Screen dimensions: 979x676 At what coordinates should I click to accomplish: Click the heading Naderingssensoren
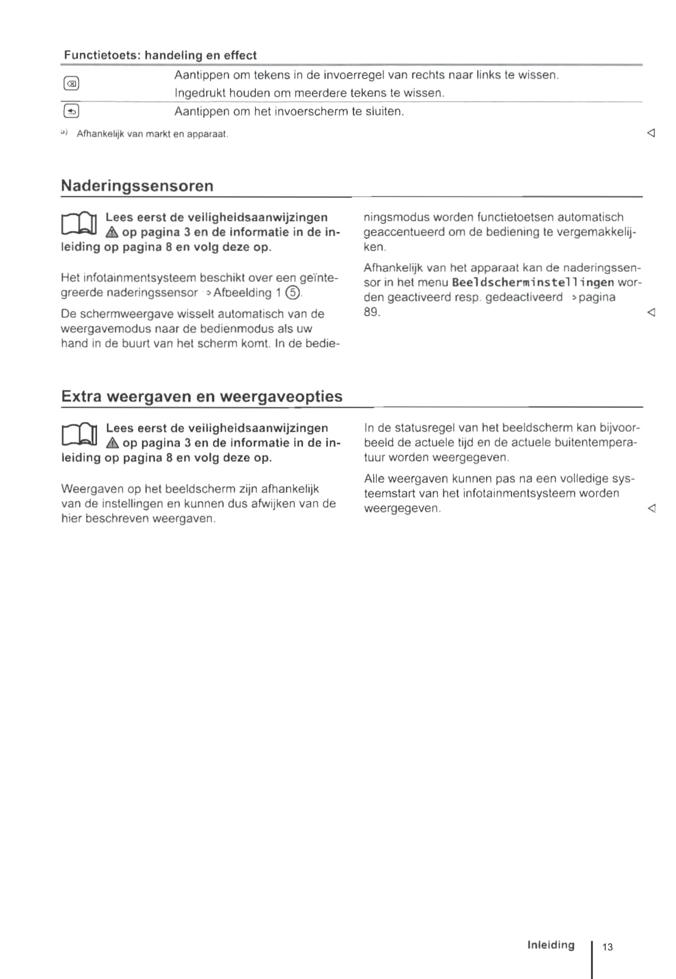tap(137, 186)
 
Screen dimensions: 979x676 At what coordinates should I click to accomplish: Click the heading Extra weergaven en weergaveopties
tap(201, 396)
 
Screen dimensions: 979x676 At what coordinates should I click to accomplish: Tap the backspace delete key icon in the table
tap(71, 84)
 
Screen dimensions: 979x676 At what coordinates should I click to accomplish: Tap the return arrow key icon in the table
tap(71, 111)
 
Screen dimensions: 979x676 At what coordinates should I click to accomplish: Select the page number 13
tap(607, 947)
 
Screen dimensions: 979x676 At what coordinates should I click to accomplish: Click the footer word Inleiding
tap(551, 945)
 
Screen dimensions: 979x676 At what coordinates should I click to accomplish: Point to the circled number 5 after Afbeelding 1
tap(292, 293)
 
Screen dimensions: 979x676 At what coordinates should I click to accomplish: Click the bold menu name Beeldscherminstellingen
tap(533, 282)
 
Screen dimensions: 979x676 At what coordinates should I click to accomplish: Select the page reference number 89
tap(371, 312)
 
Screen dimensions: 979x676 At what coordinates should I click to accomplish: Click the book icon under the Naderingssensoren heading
tap(79, 224)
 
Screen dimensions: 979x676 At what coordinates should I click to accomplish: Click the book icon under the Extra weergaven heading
tap(79, 434)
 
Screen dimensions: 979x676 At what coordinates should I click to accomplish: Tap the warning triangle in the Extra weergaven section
tap(112, 443)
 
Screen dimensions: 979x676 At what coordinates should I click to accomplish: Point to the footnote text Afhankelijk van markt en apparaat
tap(152, 134)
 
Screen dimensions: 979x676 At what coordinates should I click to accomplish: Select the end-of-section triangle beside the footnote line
tap(651, 133)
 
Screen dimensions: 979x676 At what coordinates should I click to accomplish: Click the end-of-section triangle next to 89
tap(651, 312)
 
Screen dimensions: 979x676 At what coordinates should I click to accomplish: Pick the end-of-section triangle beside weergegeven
tap(651, 508)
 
